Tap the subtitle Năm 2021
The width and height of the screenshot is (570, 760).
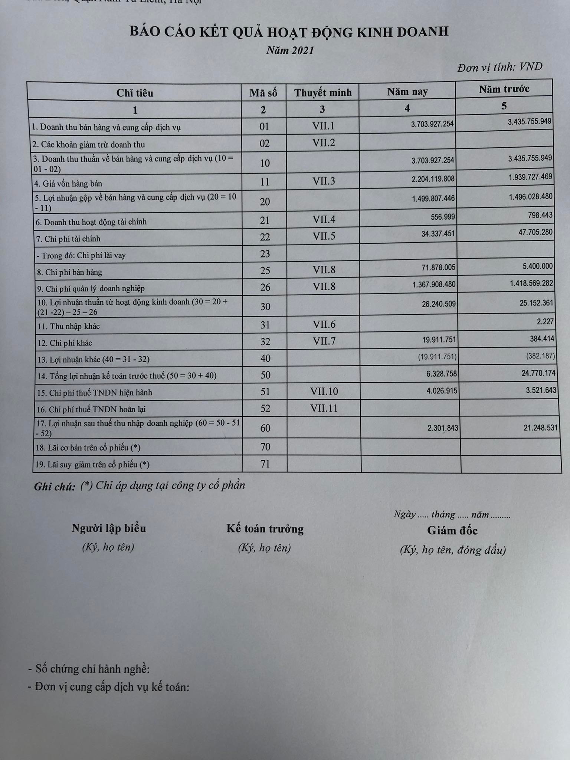[x=290, y=50]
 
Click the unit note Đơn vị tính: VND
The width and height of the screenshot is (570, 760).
[x=499, y=67]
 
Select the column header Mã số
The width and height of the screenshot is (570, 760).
[x=263, y=93]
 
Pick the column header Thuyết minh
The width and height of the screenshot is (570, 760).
[x=322, y=92]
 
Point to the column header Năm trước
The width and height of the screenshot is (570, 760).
[x=504, y=89]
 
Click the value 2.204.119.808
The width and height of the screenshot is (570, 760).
[x=433, y=179]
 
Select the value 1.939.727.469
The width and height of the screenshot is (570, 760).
[x=530, y=177]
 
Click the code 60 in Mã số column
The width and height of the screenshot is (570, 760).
[x=265, y=428]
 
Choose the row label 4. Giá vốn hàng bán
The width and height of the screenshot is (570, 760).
[x=69, y=184]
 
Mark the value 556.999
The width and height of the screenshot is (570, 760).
[x=442, y=216]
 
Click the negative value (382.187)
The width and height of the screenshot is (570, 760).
[x=540, y=356]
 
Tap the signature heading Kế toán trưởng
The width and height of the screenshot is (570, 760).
[x=265, y=529]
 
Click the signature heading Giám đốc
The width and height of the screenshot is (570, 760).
[x=452, y=531]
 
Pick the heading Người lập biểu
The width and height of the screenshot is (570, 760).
[x=109, y=528]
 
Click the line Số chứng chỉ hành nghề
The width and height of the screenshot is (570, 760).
[x=89, y=669]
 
